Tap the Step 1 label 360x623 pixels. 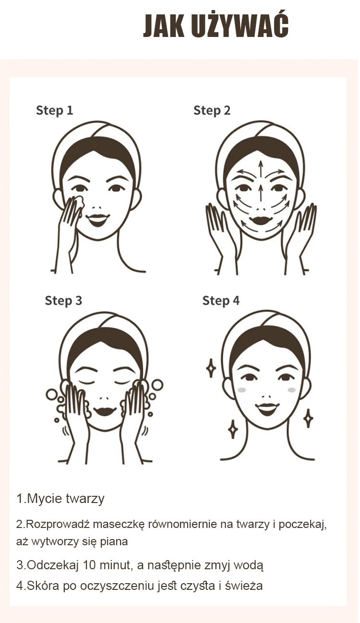point(55,110)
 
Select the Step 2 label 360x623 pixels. point(212,110)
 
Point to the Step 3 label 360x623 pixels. point(63,300)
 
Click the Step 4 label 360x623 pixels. point(221,300)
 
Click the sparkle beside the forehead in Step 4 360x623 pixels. point(211,368)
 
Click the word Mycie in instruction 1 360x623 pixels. point(44,498)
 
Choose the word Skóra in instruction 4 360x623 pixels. point(43,586)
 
